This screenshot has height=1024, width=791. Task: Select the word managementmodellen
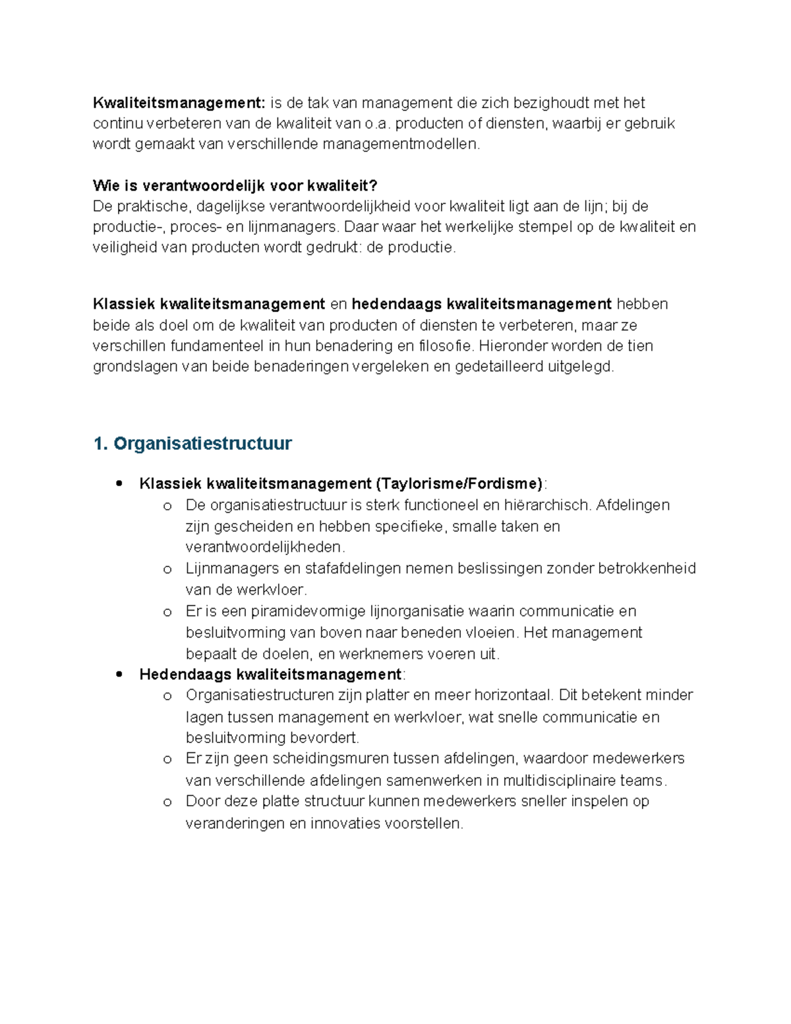tap(401, 144)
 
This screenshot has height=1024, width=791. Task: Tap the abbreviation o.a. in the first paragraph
tap(378, 124)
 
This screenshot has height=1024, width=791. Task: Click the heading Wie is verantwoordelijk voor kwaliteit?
tap(235, 186)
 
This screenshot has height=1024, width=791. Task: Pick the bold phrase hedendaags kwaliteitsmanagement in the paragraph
tap(481, 304)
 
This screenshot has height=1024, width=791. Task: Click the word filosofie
tap(446, 346)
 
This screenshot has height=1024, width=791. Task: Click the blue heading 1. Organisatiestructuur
tap(192, 444)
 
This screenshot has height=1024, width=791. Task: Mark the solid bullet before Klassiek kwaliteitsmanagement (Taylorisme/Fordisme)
tap(119, 484)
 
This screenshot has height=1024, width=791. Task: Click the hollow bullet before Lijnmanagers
tap(167, 569)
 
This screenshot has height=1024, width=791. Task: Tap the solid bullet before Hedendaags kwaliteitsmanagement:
tap(119, 675)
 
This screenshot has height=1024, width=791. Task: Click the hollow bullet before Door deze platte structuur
tap(167, 802)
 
